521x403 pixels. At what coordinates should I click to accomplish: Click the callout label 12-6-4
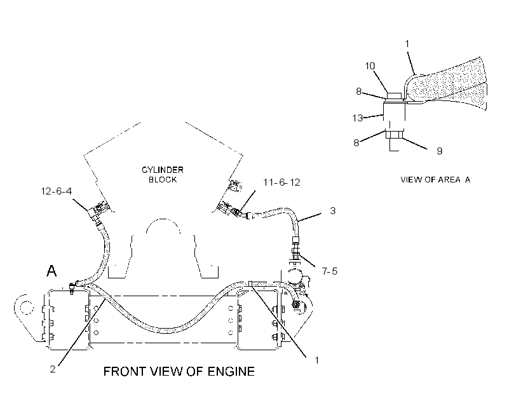coord(56,191)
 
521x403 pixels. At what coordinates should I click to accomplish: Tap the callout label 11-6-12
coord(281,182)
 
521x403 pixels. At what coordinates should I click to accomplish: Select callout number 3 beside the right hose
coord(332,211)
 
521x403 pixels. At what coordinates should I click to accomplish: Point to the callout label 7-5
coord(329,271)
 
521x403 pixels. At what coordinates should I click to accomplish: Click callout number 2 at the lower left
coord(53,369)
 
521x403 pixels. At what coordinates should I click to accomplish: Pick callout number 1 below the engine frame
coord(316,360)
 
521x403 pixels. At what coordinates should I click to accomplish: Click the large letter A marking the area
coord(51,271)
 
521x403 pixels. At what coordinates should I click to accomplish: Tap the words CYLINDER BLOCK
coord(163,175)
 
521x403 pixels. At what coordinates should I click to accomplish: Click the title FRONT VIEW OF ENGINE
coord(179,371)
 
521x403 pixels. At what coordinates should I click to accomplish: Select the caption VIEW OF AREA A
coord(435,179)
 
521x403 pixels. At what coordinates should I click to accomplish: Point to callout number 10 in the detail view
coord(370,66)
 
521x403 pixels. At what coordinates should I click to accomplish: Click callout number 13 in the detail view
coord(358,118)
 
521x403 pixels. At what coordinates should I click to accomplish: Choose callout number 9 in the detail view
coord(439,151)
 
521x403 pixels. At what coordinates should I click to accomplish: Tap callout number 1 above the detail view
coord(407,44)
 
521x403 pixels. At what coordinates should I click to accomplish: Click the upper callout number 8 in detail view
coord(358,91)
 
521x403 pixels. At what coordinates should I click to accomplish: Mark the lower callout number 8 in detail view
coord(356,142)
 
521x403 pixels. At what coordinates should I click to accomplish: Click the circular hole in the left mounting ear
coord(27,308)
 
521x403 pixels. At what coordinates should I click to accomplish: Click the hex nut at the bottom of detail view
coord(395,135)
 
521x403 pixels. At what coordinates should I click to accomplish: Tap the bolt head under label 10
coord(395,96)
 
